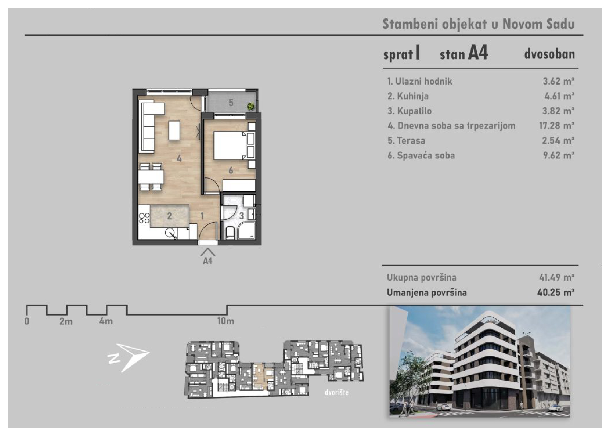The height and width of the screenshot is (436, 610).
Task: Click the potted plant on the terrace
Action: (x=251, y=106)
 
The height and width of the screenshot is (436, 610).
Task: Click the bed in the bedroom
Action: (x=230, y=145)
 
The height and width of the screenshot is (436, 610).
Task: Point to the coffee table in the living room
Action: (x=174, y=130)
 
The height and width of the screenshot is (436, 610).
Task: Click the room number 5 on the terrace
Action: (x=231, y=103)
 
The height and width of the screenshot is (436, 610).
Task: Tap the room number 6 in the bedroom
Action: (x=231, y=170)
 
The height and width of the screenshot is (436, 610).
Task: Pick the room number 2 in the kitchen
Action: (x=169, y=216)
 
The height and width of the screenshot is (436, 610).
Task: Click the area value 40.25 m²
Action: (x=556, y=292)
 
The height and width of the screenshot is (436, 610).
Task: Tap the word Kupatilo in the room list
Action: (x=414, y=111)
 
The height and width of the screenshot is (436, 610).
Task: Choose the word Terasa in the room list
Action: (x=411, y=141)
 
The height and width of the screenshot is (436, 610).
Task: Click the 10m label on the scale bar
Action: (x=226, y=321)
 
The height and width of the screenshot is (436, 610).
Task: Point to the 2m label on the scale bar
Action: (x=66, y=321)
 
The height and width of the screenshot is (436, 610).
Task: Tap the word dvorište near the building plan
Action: (x=337, y=392)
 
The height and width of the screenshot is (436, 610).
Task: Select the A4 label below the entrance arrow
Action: (x=208, y=261)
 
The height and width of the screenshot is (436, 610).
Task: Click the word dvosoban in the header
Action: (x=550, y=54)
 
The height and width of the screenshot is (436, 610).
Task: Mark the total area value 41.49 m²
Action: (x=557, y=277)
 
